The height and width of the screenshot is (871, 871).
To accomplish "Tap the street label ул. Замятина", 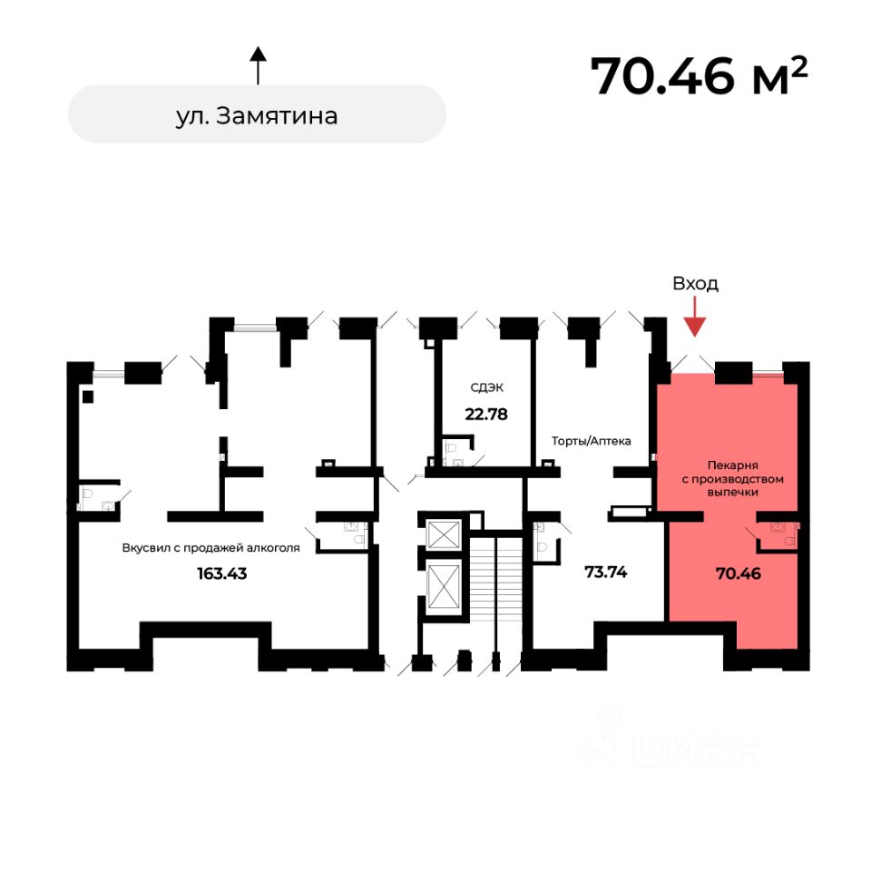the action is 257,115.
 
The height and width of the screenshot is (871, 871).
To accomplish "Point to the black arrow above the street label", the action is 258,65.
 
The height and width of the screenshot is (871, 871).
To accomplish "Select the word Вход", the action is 695,283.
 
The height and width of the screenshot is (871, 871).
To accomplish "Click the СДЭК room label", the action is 486,387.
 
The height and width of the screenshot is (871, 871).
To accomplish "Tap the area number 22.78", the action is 486,415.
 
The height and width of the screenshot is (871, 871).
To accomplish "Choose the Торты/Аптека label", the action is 591,441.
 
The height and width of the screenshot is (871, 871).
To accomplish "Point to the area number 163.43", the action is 221,573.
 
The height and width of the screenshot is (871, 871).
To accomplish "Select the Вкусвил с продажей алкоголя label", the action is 210,547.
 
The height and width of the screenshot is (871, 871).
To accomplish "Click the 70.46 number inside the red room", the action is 737,573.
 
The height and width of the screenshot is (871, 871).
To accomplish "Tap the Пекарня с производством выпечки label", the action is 732,477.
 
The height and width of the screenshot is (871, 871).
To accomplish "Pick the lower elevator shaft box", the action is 444,587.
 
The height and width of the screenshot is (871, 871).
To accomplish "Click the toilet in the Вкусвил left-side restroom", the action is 89,494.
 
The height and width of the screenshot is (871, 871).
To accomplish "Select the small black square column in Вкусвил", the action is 87,396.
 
